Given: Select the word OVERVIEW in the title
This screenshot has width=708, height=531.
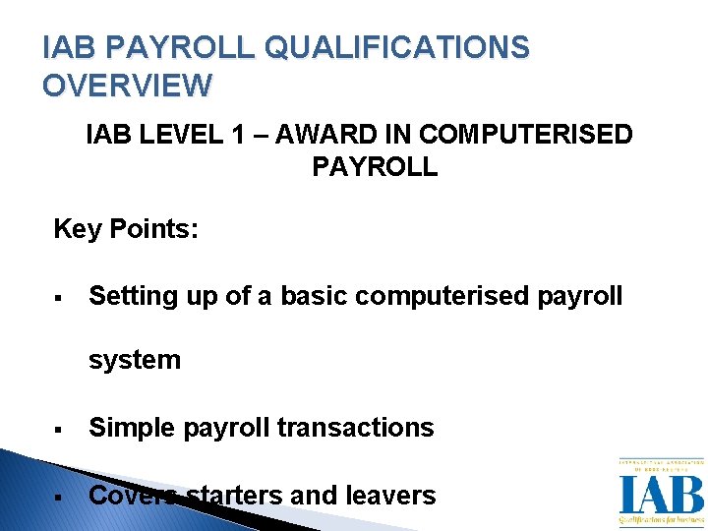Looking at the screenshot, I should pyautogui.click(x=127, y=86).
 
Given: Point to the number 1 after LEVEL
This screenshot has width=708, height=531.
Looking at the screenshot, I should pyautogui.click(x=236, y=135).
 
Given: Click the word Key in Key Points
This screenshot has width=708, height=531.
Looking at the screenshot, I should pyautogui.click(x=76, y=230).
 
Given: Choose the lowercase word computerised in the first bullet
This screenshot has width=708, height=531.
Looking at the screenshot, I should pyautogui.click(x=449, y=296).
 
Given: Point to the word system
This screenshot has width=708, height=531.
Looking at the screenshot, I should pyautogui.click(x=135, y=360).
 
